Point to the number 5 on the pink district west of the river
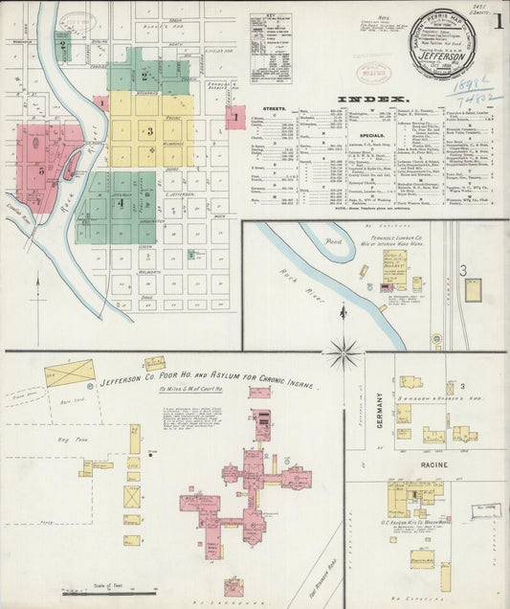click(42, 169)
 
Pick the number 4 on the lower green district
click(121, 203)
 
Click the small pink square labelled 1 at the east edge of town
click(233, 116)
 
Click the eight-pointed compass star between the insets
click(342, 354)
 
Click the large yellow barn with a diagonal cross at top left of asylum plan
click(70, 373)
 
